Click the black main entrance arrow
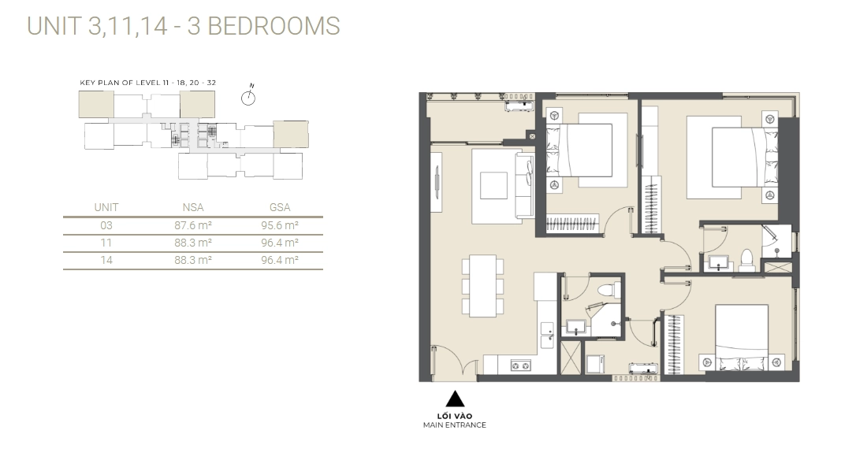tap(454, 399)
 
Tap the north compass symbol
tap(249, 97)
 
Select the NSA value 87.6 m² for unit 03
tap(192, 225)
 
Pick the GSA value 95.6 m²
tap(279, 225)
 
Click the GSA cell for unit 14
tap(279, 260)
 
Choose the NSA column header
tap(192, 207)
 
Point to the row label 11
tap(106, 243)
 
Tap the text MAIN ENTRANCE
tap(454, 425)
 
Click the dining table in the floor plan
tap(482, 285)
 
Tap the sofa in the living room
tap(524, 186)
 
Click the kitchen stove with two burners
tap(521, 365)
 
